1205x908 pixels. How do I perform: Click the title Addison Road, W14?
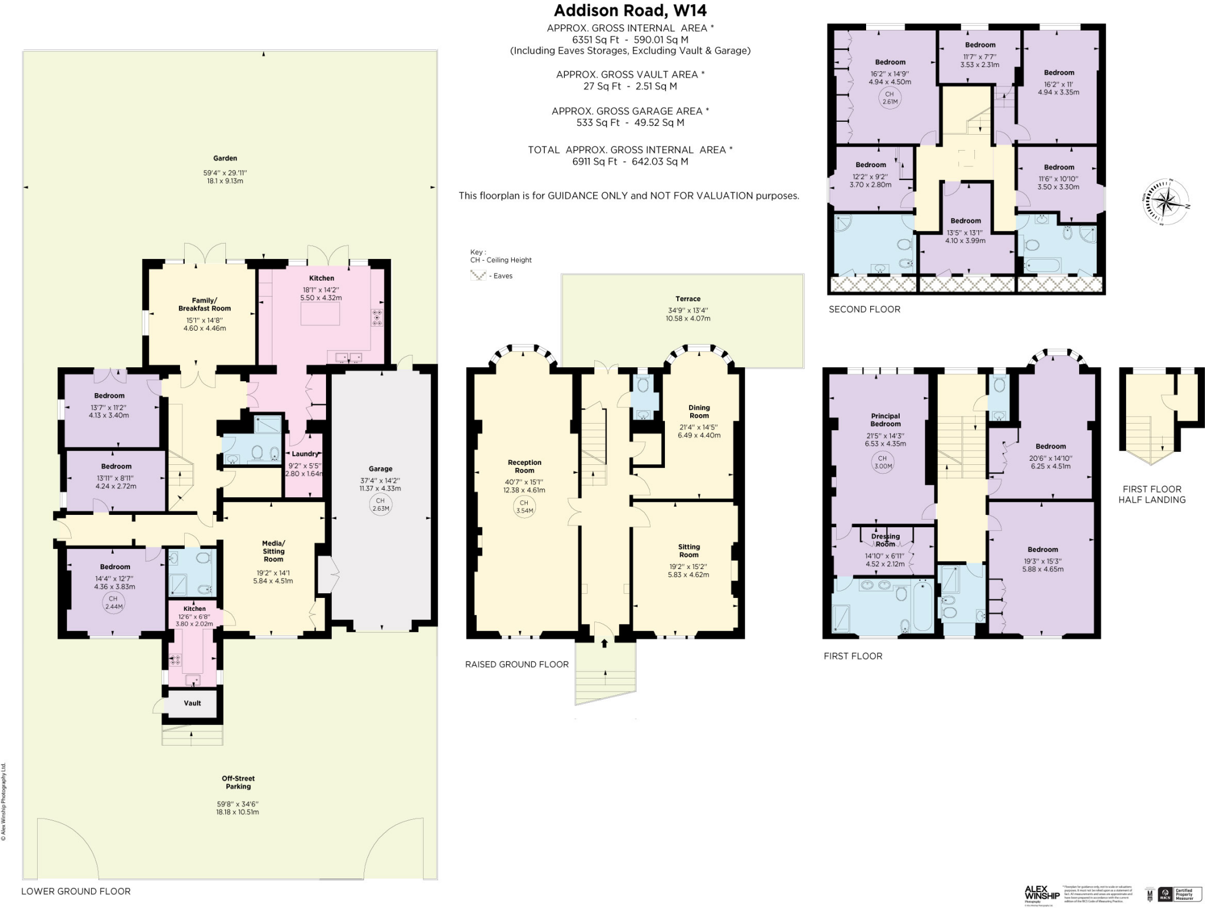(x=630, y=11)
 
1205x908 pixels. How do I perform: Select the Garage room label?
(x=380, y=469)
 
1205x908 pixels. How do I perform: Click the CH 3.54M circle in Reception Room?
(x=524, y=507)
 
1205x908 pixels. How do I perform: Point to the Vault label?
(x=192, y=703)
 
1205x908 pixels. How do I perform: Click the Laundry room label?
(x=305, y=454)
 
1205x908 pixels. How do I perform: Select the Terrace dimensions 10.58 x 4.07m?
(x=688, y=318)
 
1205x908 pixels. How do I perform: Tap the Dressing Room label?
(x=885, y=540)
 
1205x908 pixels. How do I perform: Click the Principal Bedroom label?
(x=885, y=420)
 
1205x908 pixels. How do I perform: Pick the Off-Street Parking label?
(x=238, y=782)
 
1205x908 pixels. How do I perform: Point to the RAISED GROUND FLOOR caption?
(x=517, y=664)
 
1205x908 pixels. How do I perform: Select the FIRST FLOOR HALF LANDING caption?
(x=1151, y=494)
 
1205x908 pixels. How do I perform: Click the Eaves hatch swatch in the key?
(x=478, y=275)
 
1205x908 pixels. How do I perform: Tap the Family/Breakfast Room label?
(x=204, y=304)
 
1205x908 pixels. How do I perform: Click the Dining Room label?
(x=699, y=411)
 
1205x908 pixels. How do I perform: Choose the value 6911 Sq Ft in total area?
(x=594, y=161)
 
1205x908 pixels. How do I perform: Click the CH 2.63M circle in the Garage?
(x=381, y=505)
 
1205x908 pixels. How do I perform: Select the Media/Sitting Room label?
(x=273, y=551)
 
